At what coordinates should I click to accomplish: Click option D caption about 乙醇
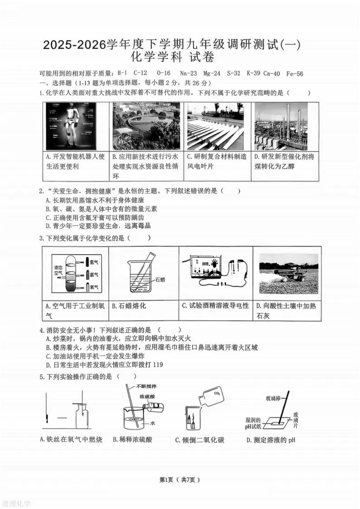[284, 161]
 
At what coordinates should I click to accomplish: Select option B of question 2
[102, 208]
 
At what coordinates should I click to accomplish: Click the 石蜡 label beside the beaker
[160, 280]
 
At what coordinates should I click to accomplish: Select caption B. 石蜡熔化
[129, 306]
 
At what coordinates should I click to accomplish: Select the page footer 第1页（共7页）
[180, 480]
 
